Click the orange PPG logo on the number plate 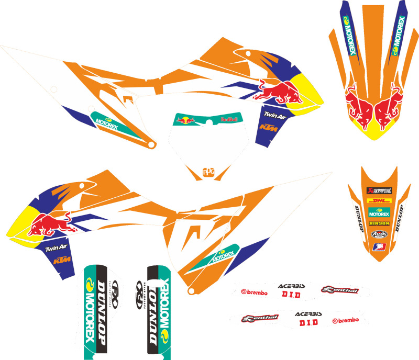pos(208,171)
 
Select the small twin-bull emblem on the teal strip pos(186,119)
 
